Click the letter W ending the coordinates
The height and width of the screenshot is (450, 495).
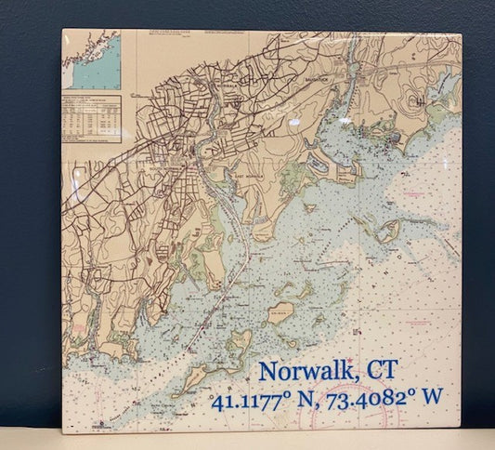(x=431, y=397)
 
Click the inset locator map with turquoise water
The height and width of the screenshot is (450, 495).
(x=91, y=60)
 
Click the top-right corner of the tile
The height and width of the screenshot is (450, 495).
(x=462, y=34)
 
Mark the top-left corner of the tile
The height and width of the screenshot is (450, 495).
(x=62, y=29)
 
